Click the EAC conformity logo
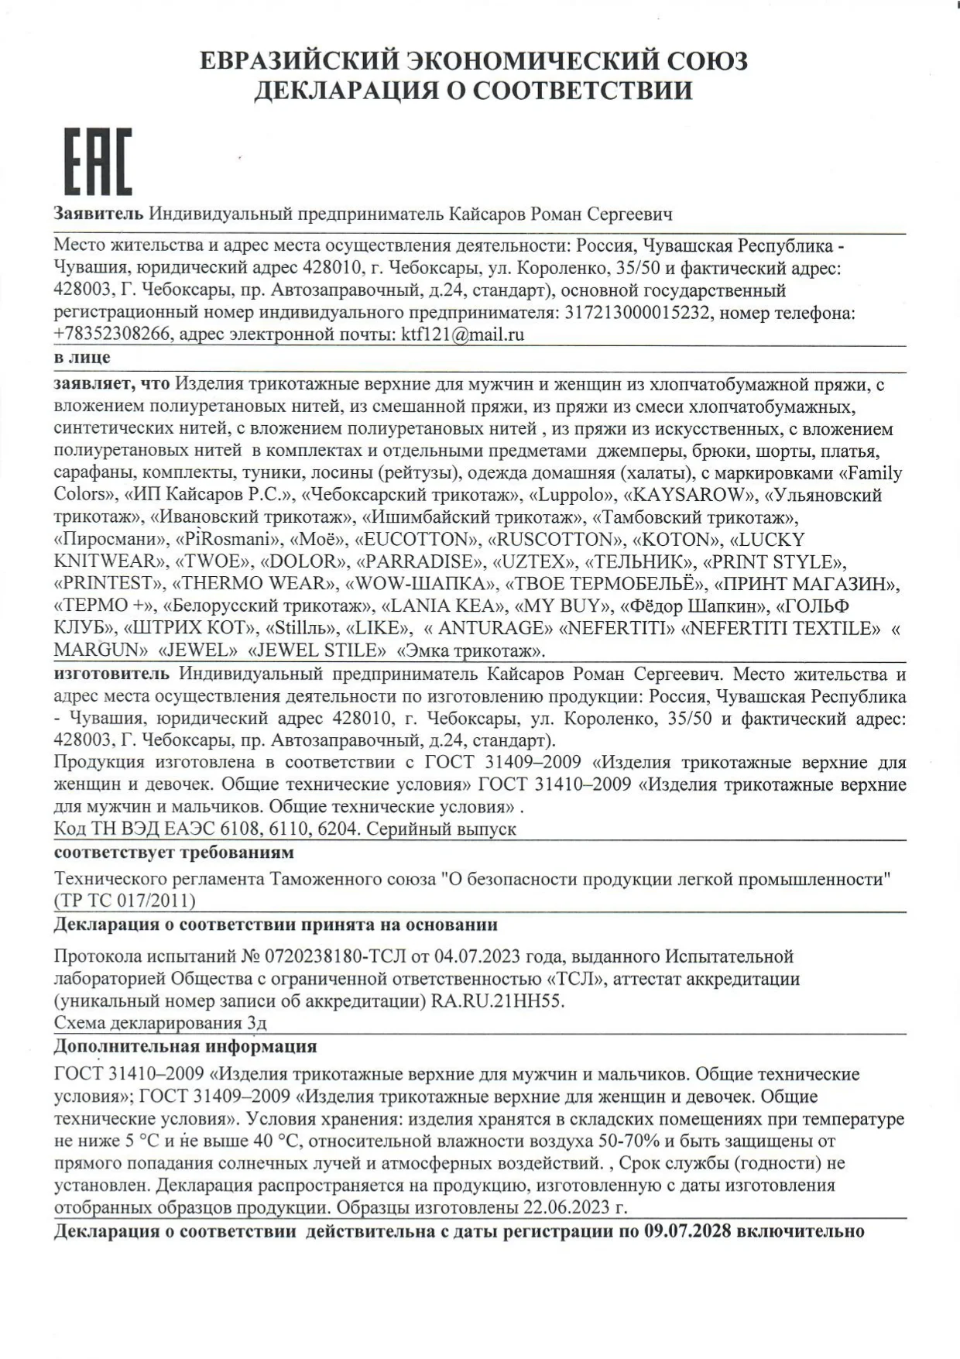click(x=97, y=161)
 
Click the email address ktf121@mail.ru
click(x=462, y=335)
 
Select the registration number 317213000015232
click(x=638, y=313)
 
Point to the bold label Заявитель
click(x=98, y=214)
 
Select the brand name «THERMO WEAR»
click(x=254, y=583)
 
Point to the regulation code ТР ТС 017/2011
click(x=125, y=901)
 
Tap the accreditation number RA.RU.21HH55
click(x=497, y=1001)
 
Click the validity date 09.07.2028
click(x=687, y=1231)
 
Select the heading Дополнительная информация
click(x=185, y=1046)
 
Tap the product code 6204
click(x=335, y=829)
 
